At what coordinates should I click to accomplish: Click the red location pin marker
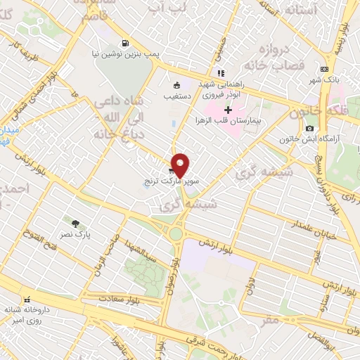(x=180, y=165)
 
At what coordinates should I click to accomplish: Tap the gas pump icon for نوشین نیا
(x=125, y=41)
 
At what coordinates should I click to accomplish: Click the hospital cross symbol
(x=228, y=110)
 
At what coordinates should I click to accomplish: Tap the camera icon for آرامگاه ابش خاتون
(x=309, y=128)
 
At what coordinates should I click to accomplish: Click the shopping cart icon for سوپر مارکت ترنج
(x=172, y=170)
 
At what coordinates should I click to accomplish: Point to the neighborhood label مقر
(x=270, y=319)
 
